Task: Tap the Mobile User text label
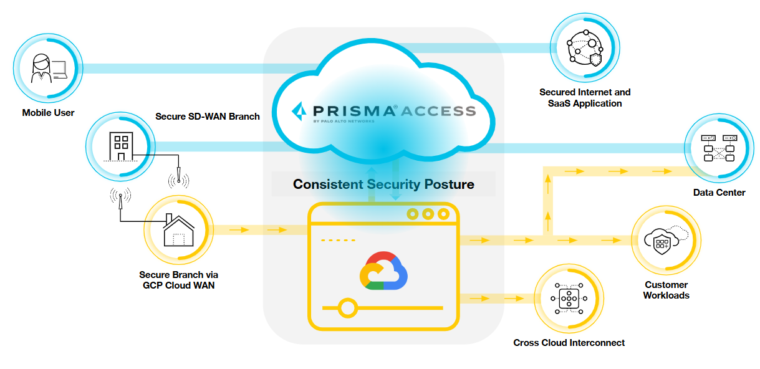click(48, 113)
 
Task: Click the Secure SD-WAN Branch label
click(208, 116)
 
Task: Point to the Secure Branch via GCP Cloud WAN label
click(179, 280)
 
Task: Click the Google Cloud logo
click(383, 271)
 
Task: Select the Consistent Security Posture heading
click(383, 184)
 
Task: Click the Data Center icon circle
click(719, 148)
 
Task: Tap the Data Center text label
click(719, 193)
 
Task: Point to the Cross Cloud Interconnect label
click(569, 343)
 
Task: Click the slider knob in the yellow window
click(348, 308)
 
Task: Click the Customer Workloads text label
click(666, 290)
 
